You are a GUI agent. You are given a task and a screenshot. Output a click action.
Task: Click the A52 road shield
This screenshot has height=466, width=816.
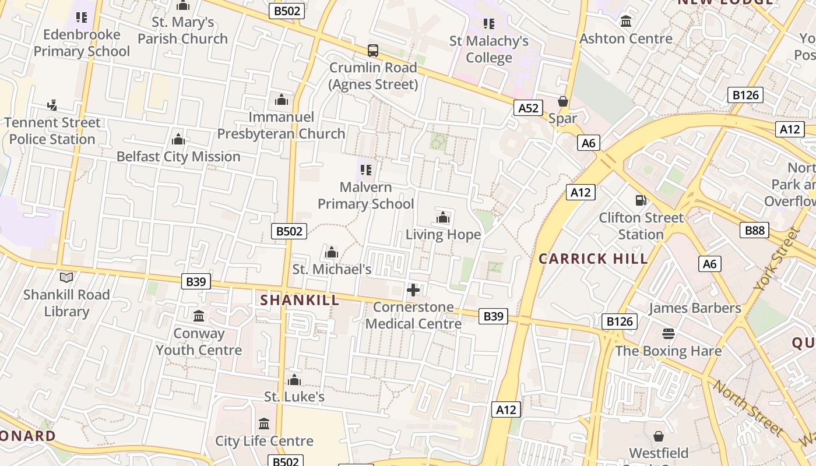point(528,108)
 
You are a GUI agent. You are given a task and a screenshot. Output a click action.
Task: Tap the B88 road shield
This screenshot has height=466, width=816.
point(755,230)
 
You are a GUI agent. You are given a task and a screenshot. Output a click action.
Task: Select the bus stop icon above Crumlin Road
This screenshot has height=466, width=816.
point(373,51)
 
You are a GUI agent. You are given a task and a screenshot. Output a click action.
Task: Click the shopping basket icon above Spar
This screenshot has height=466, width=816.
point(563,101)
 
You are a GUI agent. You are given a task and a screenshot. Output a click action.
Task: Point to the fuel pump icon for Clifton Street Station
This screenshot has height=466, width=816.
point(641,200)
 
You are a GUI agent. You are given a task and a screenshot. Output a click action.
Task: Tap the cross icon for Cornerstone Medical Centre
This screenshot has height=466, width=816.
point(413,290)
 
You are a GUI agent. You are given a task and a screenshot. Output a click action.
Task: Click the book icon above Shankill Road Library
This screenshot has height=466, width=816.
point(66,278)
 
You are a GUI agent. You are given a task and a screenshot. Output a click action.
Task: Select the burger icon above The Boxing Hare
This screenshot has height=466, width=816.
point(669,334)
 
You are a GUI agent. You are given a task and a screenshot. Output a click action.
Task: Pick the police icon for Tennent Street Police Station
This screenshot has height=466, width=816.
point(52,105)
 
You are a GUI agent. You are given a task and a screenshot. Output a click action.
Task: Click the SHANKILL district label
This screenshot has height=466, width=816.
point(300,300)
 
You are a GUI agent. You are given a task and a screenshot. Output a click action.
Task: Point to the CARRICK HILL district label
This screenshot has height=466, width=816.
point(593,259)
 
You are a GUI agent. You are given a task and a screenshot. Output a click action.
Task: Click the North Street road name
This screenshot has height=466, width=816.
point(747,408)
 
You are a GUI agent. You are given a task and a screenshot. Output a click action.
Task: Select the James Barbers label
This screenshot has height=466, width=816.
point(695,308)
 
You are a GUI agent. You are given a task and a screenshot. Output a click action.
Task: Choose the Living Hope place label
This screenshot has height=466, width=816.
point(443,235)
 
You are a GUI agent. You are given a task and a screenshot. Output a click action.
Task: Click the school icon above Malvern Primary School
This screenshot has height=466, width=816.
point(366,170)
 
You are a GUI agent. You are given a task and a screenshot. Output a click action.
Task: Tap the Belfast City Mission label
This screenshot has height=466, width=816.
point(178,157)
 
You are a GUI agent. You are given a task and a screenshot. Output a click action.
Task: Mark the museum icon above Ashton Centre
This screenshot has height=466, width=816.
point(626,22)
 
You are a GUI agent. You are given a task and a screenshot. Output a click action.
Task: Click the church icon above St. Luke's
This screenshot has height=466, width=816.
point(294,380)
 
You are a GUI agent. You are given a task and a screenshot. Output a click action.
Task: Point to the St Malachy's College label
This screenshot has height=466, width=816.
point(489,50)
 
